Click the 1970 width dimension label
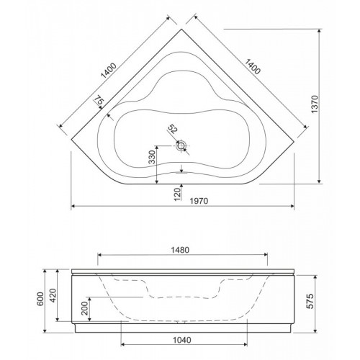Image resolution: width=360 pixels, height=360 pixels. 199,201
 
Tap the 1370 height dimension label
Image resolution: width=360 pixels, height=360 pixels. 315,104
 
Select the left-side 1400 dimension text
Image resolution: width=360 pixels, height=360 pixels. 109,71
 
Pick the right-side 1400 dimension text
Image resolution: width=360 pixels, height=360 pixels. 253,66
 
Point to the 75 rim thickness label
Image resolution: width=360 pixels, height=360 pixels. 99,99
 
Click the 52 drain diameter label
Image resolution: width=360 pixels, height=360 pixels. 173,129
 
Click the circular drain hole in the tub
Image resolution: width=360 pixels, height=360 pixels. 181,145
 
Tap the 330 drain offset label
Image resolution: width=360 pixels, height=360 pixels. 152,157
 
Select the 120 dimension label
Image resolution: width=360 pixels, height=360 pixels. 177,194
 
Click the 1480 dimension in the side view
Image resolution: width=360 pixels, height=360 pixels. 180,250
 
